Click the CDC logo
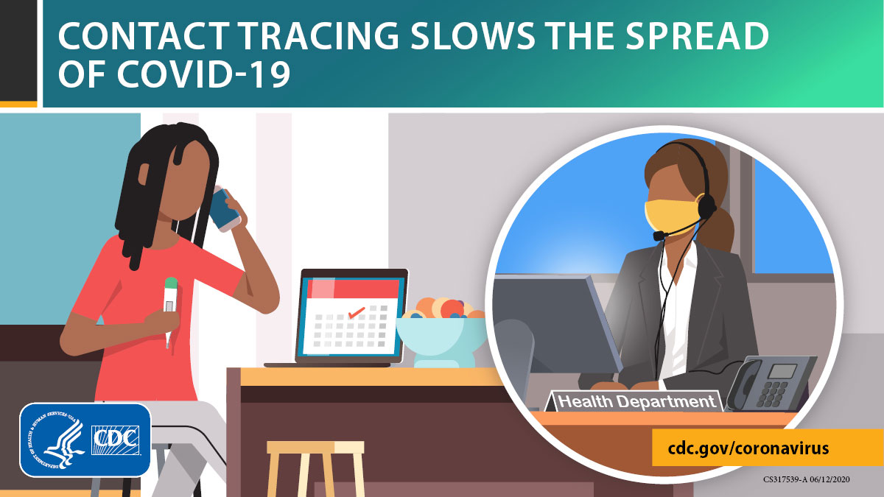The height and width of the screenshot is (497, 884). tap(115, 440)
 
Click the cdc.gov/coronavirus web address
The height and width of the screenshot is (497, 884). tap(748, 448)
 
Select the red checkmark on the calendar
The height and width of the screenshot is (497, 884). tap(357, 313)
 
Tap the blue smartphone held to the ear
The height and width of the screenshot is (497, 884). tap(224, 210)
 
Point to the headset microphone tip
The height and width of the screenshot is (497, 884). tap(659, 236)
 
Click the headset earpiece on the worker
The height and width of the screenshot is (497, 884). tap(706, 206)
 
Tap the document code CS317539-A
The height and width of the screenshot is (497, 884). tap(785, 479)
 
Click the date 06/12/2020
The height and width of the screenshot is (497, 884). tap(830, 479)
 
